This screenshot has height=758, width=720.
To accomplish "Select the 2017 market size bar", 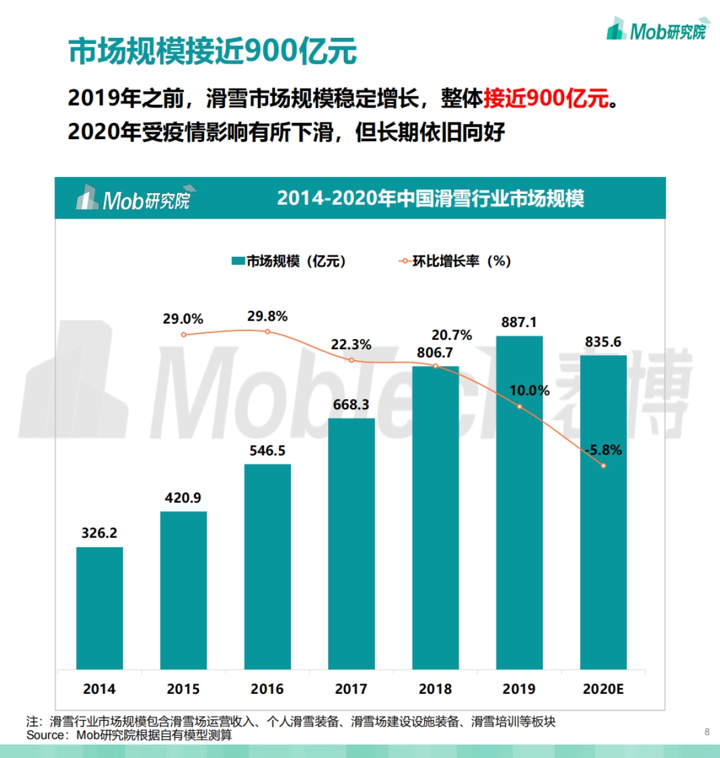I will point(352,543).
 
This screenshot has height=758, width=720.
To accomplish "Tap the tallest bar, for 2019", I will point(520,502).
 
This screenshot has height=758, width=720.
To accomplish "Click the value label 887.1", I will point(519,322).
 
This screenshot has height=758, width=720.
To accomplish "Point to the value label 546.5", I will point(268,451).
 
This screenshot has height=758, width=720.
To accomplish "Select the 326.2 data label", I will point(100,533).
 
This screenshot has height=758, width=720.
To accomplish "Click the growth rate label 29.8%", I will point(268,316).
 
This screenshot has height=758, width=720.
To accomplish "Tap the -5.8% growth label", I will point(604,450).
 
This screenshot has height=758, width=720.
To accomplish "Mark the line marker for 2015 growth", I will point(184,334).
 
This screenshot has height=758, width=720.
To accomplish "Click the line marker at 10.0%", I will point(520,407).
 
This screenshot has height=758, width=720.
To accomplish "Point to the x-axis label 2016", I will point(268,689).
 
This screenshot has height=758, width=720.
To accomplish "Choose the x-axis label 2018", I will point(436,689).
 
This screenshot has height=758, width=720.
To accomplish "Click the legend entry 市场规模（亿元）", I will point(289,261).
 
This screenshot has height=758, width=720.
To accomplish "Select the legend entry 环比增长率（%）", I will point(455,261).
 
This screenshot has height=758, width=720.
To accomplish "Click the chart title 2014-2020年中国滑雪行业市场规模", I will point(430,198).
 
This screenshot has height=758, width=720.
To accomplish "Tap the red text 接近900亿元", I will point(546,98).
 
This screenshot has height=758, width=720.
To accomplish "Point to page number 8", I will point(707,732).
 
